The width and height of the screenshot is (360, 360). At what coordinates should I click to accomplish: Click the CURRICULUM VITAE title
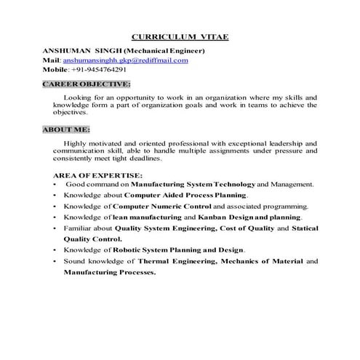pos(178,37)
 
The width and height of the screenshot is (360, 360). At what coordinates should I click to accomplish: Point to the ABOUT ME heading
pos(66,129)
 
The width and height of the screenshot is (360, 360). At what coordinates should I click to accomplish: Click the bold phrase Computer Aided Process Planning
pos(186,195)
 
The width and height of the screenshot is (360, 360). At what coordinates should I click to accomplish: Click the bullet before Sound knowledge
pos(56,260)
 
